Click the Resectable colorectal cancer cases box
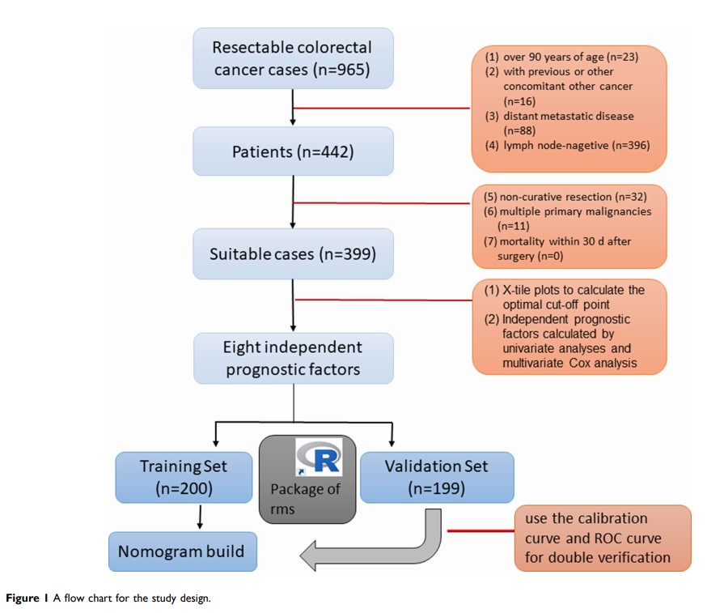[x=293, y=58]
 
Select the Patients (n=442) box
[x=293, y=151]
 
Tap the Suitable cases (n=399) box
[x=293, y=254]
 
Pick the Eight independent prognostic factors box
[x=293, y=359]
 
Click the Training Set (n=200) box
[x=184, y=477]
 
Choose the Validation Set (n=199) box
[x=436, y=477]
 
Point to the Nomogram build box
[x=182, y=551]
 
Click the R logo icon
[x=318, y=458]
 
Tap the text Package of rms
[x=306, y=499]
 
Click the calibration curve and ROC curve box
[x=603, y=538]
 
